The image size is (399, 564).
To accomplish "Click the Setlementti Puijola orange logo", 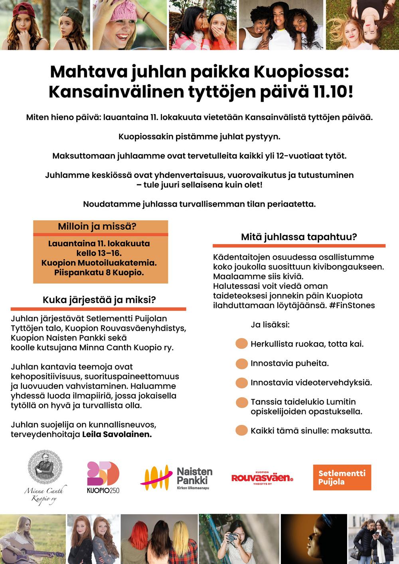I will coord(342,477).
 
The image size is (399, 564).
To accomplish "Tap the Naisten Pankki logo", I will coord(176,478).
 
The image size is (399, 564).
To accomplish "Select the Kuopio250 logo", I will coord(103,477).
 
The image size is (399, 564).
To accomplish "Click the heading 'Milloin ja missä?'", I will coord(97,227).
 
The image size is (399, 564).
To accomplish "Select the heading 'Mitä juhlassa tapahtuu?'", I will coord(299,237).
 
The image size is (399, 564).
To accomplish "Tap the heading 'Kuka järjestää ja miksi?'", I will coord(99,300).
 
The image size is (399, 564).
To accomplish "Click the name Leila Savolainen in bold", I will coord(117,434).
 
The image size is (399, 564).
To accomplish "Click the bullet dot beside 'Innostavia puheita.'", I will coord(242,363).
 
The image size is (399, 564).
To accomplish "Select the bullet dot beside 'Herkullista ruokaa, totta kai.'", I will coord(242,344).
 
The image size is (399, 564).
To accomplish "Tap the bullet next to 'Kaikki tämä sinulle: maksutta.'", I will coord(242,431).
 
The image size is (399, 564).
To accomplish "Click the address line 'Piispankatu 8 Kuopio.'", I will coord(99,273).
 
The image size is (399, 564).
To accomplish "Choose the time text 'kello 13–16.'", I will coord(99,253).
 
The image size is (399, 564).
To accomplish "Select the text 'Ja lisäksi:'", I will coord(270,325).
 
